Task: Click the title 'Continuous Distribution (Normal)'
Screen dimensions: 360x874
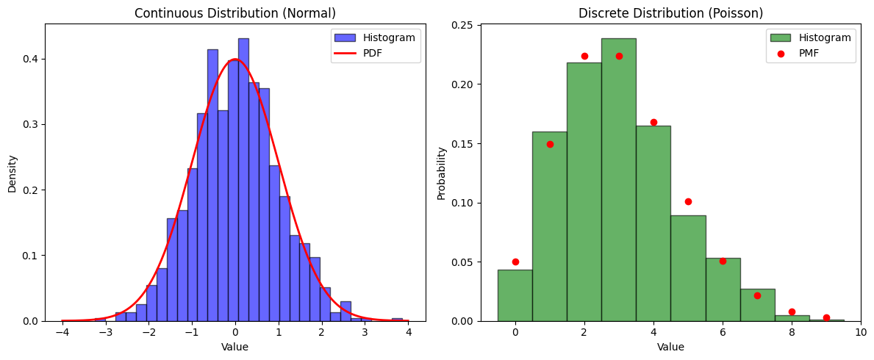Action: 234,13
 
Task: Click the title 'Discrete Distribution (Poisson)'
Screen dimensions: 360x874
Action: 670,13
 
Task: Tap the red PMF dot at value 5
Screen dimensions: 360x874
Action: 688,201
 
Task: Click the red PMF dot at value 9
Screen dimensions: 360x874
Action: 826,317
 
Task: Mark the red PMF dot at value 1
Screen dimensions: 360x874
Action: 550,144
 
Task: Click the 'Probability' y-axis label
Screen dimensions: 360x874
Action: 441,173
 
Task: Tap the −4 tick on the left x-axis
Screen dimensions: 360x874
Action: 62,332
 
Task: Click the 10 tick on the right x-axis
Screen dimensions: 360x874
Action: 861,332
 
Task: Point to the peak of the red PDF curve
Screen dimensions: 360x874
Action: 234,60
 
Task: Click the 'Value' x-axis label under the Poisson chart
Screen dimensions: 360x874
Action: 670,347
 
